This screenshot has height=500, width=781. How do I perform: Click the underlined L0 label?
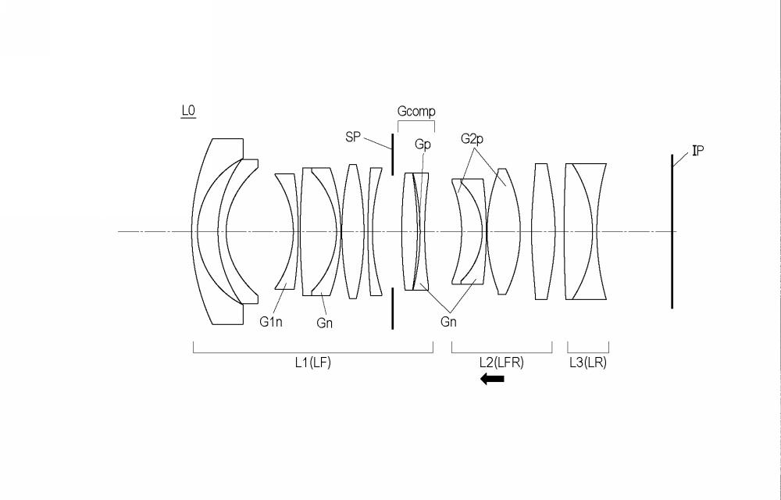coord(188,111)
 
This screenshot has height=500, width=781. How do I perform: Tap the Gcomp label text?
coord(416,112)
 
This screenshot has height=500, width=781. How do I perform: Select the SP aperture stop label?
coord(353,137)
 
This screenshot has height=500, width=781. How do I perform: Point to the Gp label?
coord(423,145)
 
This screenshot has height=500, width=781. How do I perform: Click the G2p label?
coord(472,139)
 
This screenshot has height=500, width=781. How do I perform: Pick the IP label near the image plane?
coord(697,151)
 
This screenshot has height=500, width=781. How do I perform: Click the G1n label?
coord(271,322)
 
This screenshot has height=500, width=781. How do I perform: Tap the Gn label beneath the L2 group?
coord(448,322)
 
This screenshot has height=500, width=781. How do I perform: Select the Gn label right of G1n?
coord(324,323)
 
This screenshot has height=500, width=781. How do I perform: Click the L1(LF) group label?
coord(313,362)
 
